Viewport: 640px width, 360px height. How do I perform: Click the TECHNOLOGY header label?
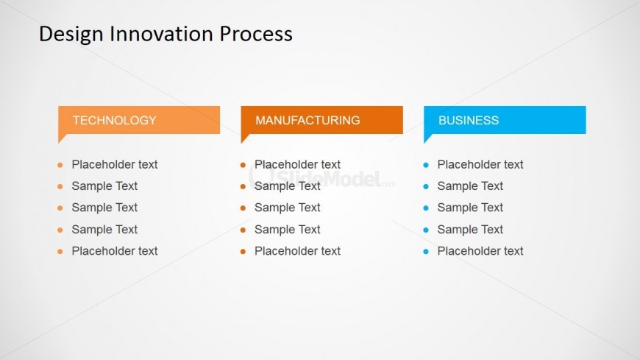pyautogui.click(x=114, y=120)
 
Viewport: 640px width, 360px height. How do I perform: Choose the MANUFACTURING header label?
pyautogui.click(x=307, y=120)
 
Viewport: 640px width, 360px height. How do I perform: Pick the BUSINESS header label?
pyautogui.click(x=469, y=120)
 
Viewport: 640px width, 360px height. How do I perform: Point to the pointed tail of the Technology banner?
pyautogui.click(x=62, y=138)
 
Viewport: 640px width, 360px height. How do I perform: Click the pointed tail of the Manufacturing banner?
pyautogui.click(x=244, y=138)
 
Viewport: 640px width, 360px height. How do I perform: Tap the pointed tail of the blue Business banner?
pyautogui.click(x=427, y=138)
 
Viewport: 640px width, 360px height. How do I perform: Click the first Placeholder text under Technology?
pyautogui.click(x=114, y=164)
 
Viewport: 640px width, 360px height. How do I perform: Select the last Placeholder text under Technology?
pyautogui.click(x=114, y=251)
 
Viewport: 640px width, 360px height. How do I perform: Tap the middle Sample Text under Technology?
pyautogui.click(x=104, y=208)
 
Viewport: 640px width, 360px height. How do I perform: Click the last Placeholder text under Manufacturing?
pyautogui.click(x=297, y=251)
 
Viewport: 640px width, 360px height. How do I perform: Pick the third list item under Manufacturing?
pyautogui.click(x=288, y=208)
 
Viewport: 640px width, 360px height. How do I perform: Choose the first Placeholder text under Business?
pyautogui.click(x=480, y=164)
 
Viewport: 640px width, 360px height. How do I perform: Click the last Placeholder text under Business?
pyautogui.click(x=480, y=251)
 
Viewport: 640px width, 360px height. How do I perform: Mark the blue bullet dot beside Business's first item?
pyautogui.click(x=426, y=165)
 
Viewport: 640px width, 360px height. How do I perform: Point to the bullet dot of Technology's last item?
pyautogui.click(x=60, y=252)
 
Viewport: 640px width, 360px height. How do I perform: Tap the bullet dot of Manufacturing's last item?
pyautogui.click(x=243, y=252)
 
